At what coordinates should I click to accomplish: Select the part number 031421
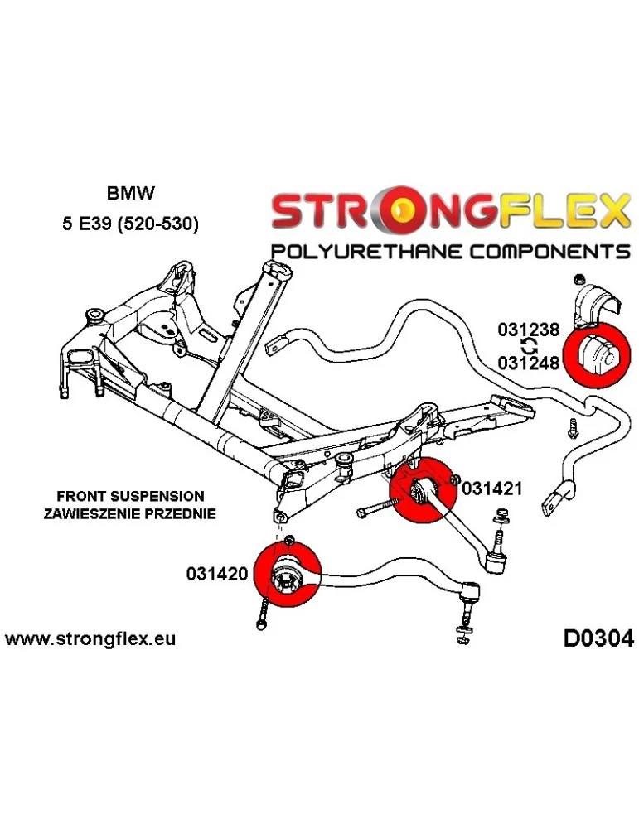pyautogui.click(x=491, y=488)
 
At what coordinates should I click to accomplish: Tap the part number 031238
pyautogui.click(x=528, y=330)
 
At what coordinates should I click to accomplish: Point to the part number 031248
pyautogui.click(x=528, y=362)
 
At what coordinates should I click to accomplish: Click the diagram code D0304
pyautogui.click(x=598, y=638)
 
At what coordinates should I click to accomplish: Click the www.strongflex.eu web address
pyautogui.click(x=90, y=639)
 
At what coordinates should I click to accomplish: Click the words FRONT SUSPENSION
pyautogui.click(x=130, y=497)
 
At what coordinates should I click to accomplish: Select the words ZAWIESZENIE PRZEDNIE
pyautogui.click(x=130, y=513)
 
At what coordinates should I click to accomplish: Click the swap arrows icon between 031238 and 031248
pyautogui.click(x=528, y=346)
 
